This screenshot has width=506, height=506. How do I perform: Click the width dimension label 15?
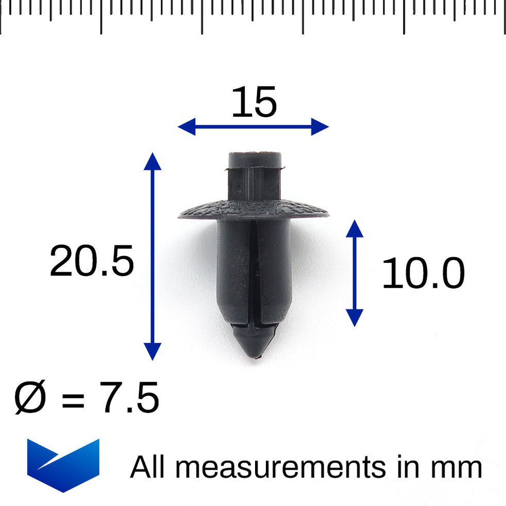254,102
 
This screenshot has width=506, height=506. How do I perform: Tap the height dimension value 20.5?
92,261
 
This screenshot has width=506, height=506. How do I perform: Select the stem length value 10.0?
423,274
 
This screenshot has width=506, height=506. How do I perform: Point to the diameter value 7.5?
130,398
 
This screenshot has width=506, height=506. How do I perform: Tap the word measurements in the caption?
283,467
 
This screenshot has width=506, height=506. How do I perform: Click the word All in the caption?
149,467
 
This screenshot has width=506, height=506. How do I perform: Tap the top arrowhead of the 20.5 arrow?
152,161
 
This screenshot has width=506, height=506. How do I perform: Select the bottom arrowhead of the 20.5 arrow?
152,352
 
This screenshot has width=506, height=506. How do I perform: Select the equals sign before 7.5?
73,399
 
